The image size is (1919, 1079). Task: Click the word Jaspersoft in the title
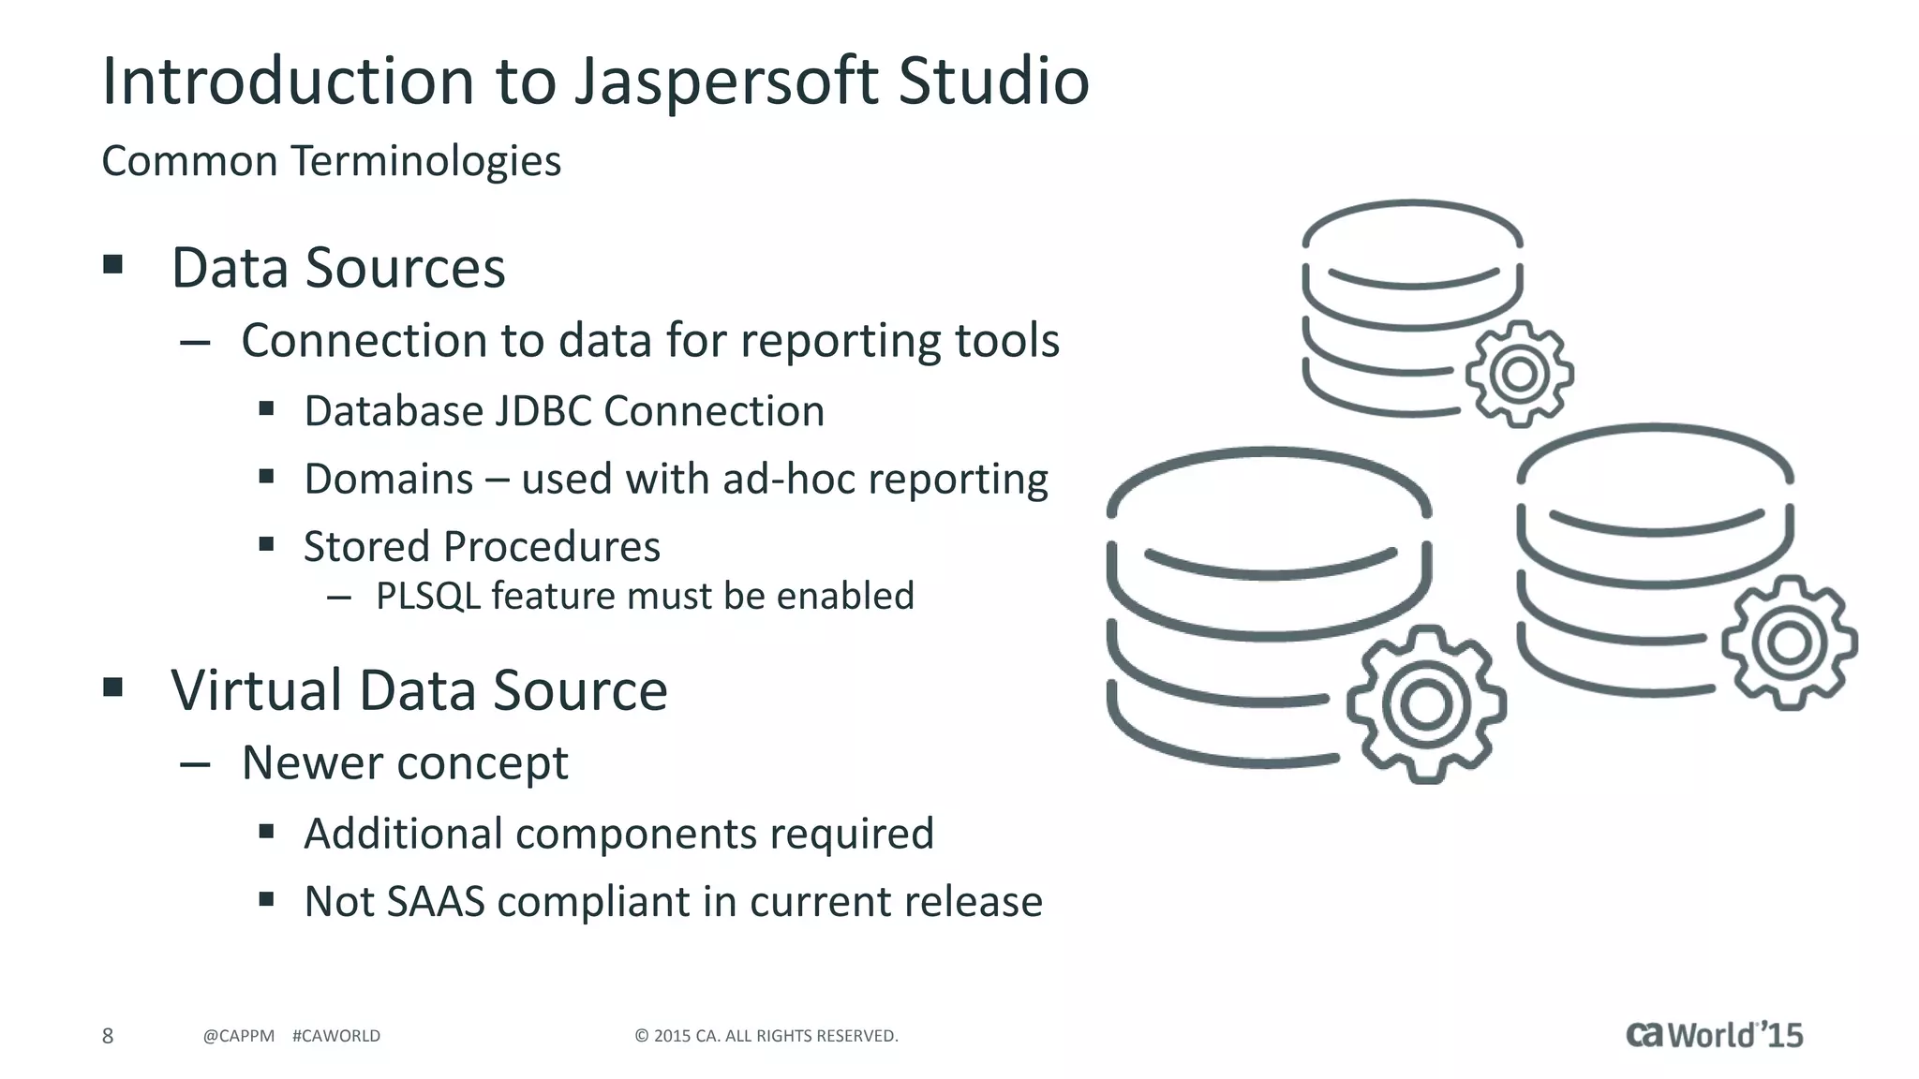point(726,81)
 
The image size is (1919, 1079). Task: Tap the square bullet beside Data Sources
point(113,264)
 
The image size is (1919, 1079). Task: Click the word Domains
point(388,479)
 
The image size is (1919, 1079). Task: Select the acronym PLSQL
point(427,596)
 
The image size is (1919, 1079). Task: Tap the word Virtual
point(256,690)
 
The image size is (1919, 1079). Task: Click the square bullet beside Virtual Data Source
point(113,687)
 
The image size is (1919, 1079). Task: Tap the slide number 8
point(108,1035)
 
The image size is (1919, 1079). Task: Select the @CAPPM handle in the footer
point(238,1036)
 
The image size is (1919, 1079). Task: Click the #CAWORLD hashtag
point(336,1036)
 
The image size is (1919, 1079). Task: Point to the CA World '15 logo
point(1714,1034)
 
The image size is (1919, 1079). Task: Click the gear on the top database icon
point(1519,374)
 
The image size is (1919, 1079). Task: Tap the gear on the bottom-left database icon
point(1426,704)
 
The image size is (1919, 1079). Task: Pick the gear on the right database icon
point(1790,643)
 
